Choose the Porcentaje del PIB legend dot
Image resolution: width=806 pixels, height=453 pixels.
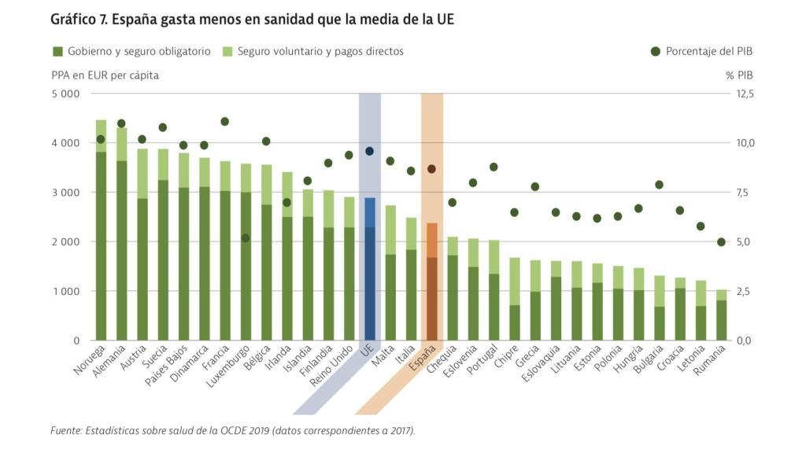point(655,51)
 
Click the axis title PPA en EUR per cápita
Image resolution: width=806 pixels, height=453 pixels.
point(105,75)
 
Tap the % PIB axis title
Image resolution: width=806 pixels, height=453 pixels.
point(738,75)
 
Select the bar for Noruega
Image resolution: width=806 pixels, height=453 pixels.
point(101,236)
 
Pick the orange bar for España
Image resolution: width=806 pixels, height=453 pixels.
point(432,283)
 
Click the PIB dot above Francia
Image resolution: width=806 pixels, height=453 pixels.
point(225,121)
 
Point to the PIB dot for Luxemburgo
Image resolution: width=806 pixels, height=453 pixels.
point(246,238)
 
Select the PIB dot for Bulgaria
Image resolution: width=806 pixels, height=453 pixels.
point(659,185)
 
